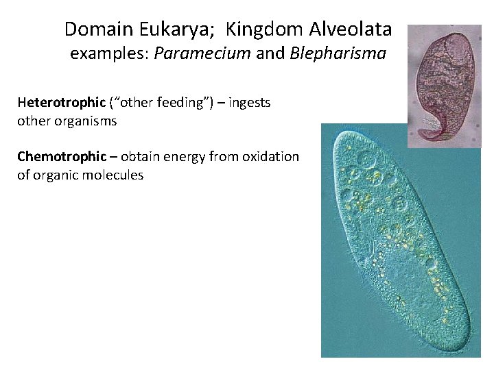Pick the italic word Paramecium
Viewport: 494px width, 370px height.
(x=202, y=54)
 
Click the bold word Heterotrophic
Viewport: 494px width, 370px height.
(x=61, y=103)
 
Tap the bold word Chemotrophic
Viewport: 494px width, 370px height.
(x=62, y=157)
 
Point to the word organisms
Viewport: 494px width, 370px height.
(x=86, y=121)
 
